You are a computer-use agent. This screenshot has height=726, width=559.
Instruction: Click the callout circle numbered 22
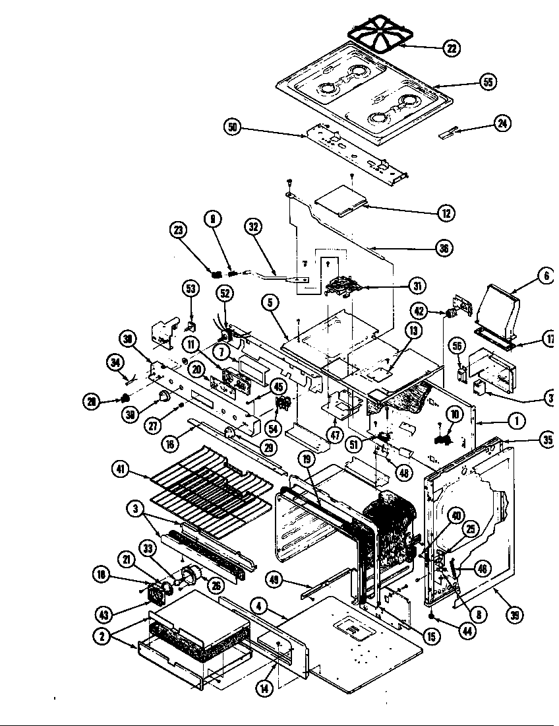point(451,48)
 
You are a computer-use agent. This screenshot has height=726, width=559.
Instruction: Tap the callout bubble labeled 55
point(487,82)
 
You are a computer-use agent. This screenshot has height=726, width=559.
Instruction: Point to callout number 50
point(232,128)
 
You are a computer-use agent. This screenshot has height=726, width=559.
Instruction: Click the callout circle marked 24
point(502,123)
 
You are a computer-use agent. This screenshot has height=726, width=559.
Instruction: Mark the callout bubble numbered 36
point(445,248)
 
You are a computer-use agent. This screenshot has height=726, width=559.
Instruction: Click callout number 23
point(178,230)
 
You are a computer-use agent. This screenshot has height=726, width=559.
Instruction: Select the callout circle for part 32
point(253,227)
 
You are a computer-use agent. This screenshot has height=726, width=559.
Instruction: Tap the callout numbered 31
point(416,286)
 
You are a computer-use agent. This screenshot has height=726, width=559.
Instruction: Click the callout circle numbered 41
point(120,471)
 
